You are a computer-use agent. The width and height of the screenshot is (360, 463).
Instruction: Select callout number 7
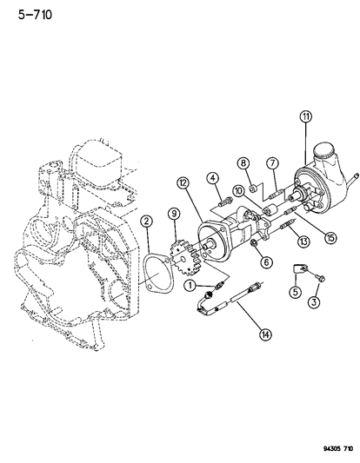pos(272,163)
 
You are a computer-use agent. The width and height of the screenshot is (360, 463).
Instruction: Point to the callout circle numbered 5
pos(295,292)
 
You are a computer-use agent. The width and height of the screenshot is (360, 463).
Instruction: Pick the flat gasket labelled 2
pos(160,273)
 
